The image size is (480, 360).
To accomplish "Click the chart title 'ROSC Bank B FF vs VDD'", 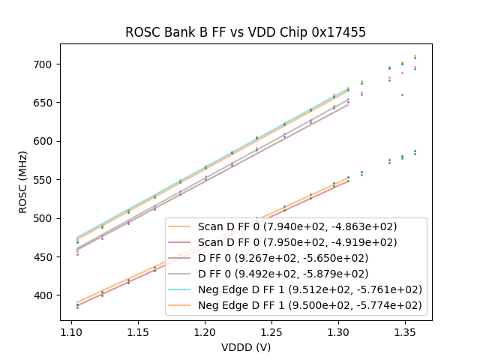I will [x=246, y=32].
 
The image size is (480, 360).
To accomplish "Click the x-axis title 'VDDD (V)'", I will [x=246, y=347].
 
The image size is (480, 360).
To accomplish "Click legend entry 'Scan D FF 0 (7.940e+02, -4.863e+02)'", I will [x=297, y=226].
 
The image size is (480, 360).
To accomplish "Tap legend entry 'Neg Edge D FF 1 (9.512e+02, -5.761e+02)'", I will [x=310, y=289].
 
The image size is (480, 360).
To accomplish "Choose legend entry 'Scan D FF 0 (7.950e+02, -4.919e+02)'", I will [x=297, y=242].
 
